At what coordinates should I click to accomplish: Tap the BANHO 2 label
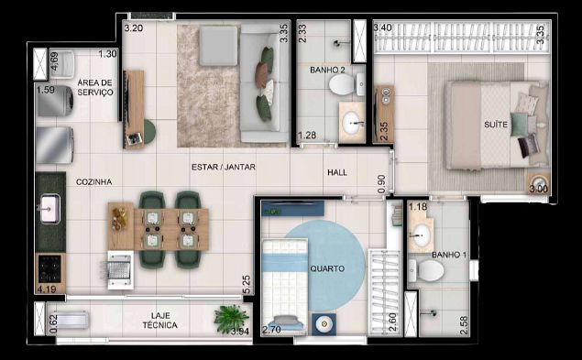326,69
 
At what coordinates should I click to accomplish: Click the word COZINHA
94,182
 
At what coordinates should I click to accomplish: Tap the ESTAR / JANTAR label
223,168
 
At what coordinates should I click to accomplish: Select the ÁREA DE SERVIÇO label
94,87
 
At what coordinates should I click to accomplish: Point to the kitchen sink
49,212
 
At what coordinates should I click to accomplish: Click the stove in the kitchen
49,268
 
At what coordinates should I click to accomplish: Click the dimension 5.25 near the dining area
246,285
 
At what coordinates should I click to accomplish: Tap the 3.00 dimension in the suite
537,188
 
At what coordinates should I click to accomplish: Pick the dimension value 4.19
47,289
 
